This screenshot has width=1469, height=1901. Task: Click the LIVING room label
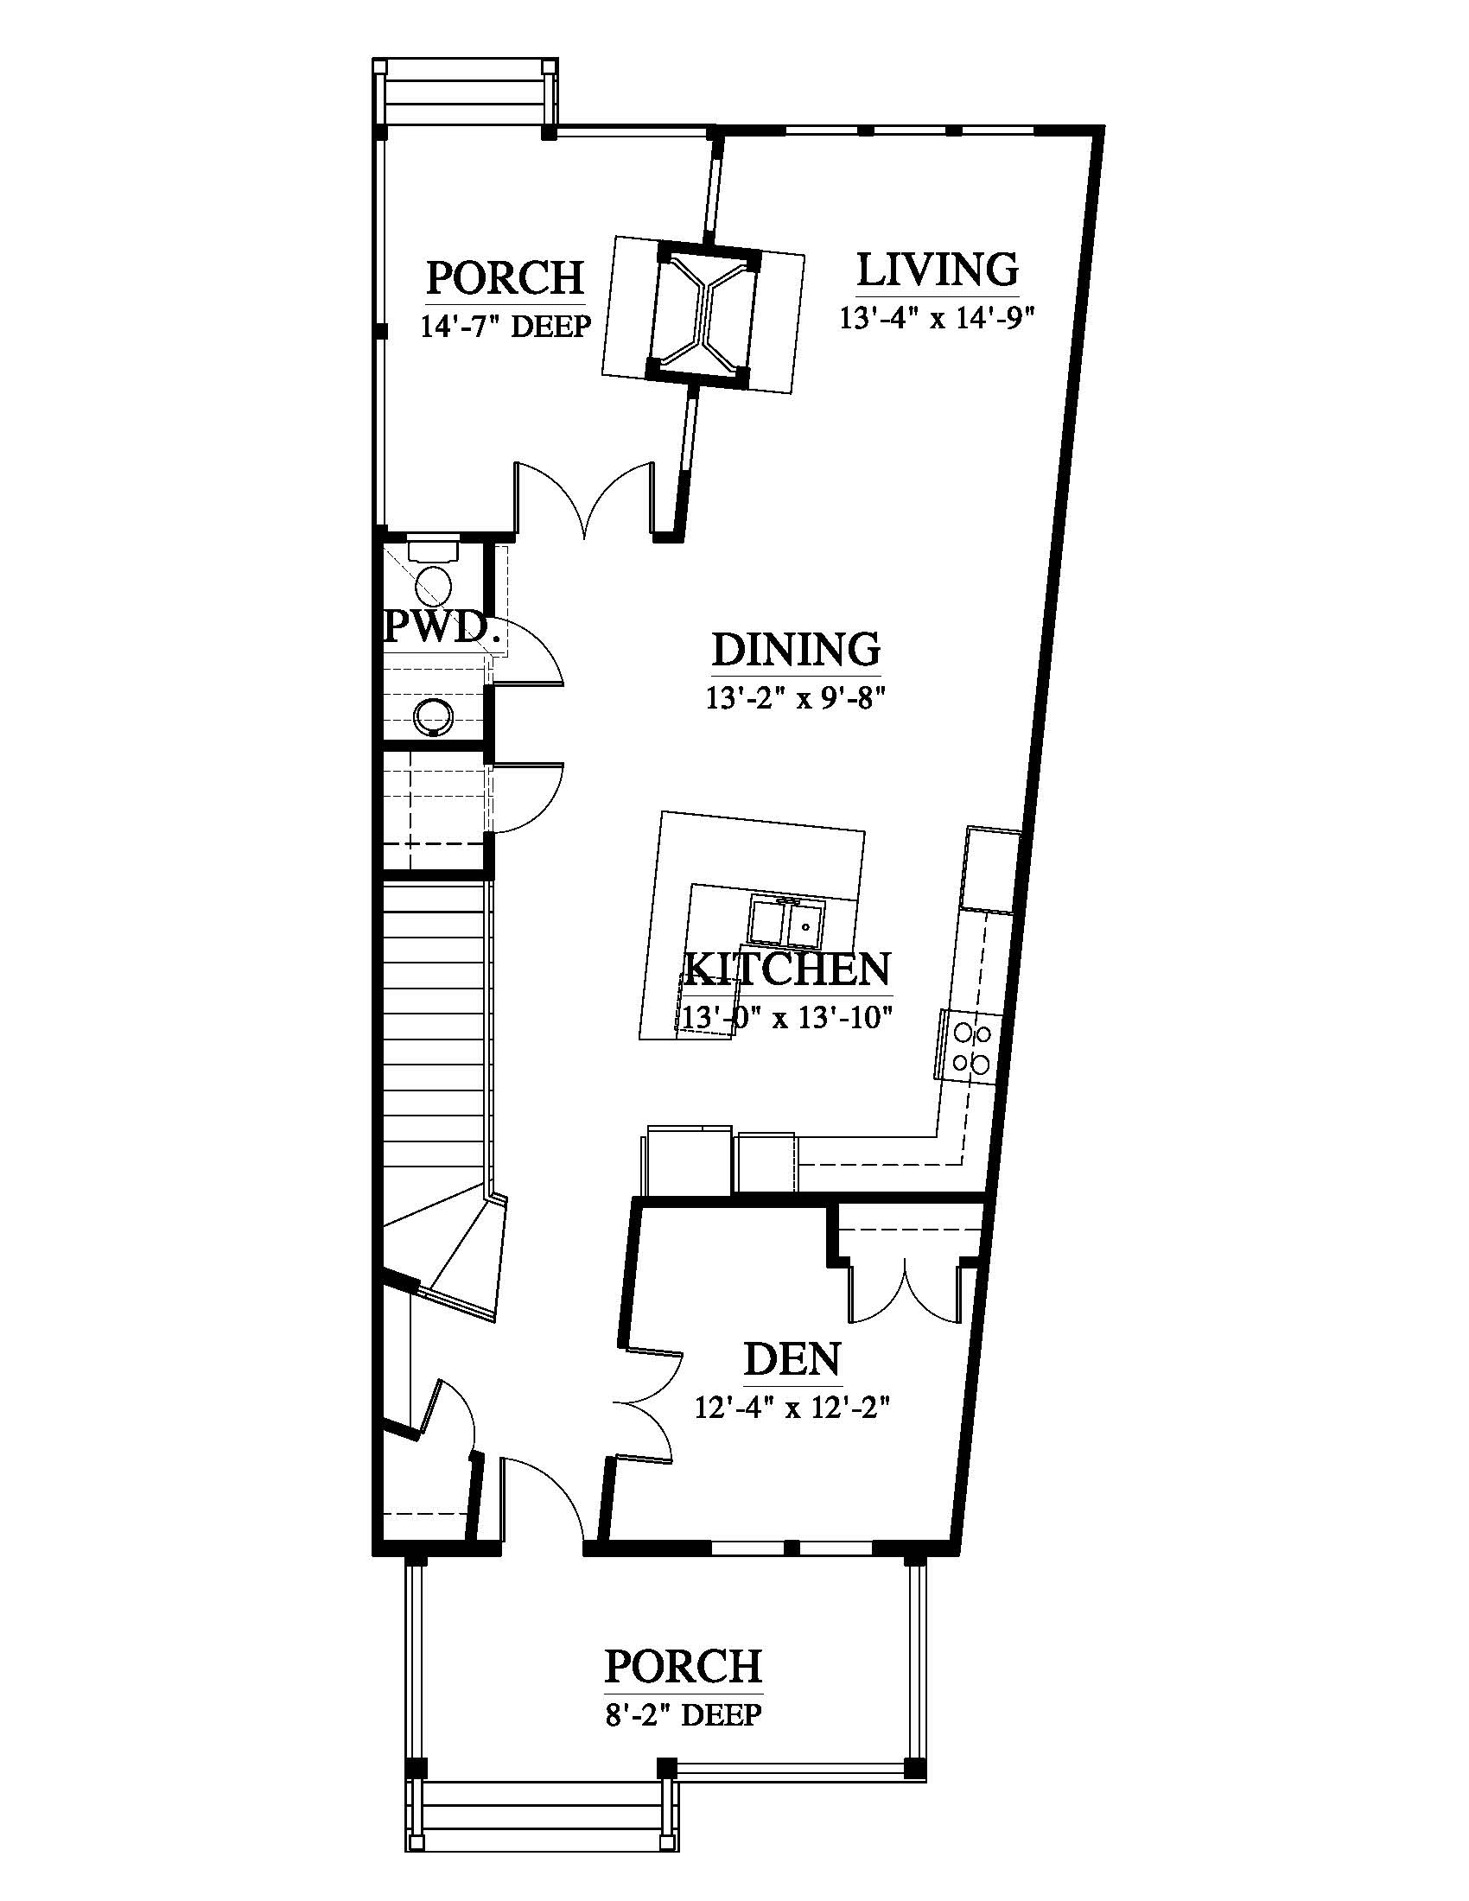(938, 270)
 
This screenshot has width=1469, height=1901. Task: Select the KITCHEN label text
(787, 969)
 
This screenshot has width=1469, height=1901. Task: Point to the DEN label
(792, 1359)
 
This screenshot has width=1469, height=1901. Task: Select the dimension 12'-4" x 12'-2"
(793, 1408)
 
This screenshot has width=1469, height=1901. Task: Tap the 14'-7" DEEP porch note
(506, 327)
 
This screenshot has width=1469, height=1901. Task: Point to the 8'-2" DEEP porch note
(684, 1714)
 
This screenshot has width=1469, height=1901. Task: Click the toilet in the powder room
(433, 574)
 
